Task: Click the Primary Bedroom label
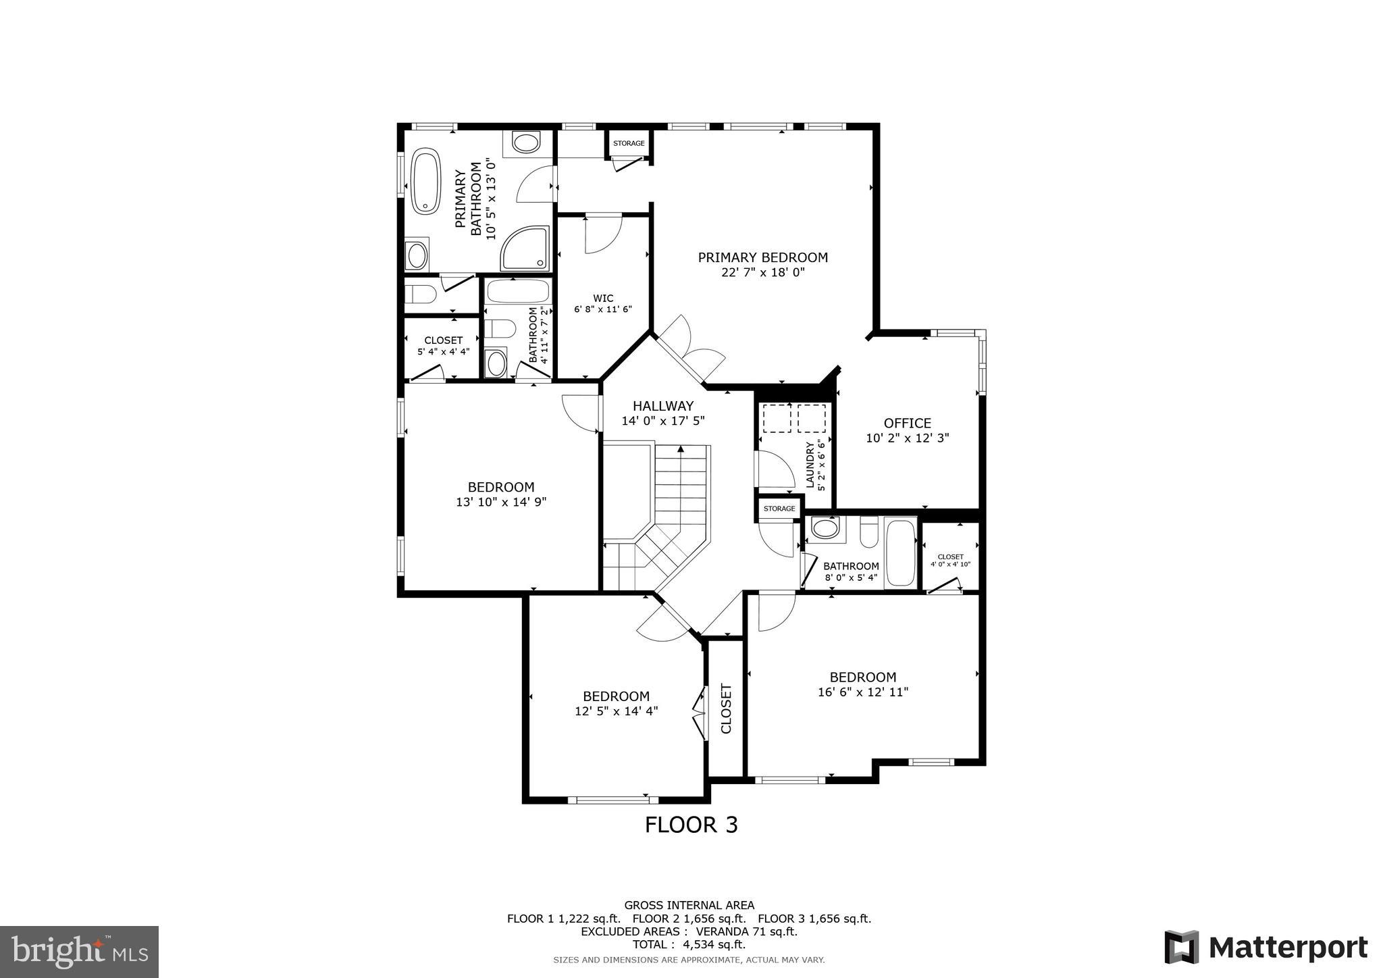click(762, 257)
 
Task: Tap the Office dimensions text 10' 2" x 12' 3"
click(907, 438)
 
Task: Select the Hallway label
click(662, 406)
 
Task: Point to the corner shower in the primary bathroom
click(525, 249)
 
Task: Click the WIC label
click(603, 298)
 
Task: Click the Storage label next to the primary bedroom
click(628, 143)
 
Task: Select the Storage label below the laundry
click(779, 509)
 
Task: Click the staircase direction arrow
click(681, 448)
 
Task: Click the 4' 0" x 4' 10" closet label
click(950, 560)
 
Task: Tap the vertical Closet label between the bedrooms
click(726, 709)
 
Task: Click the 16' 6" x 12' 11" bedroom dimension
click(862, 692)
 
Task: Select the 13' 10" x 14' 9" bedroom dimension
click(500, 502)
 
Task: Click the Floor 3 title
click(691, 825)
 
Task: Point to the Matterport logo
click(1265, 948)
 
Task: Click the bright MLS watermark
click(80, 952)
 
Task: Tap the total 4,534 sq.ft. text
click(688, 944)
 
